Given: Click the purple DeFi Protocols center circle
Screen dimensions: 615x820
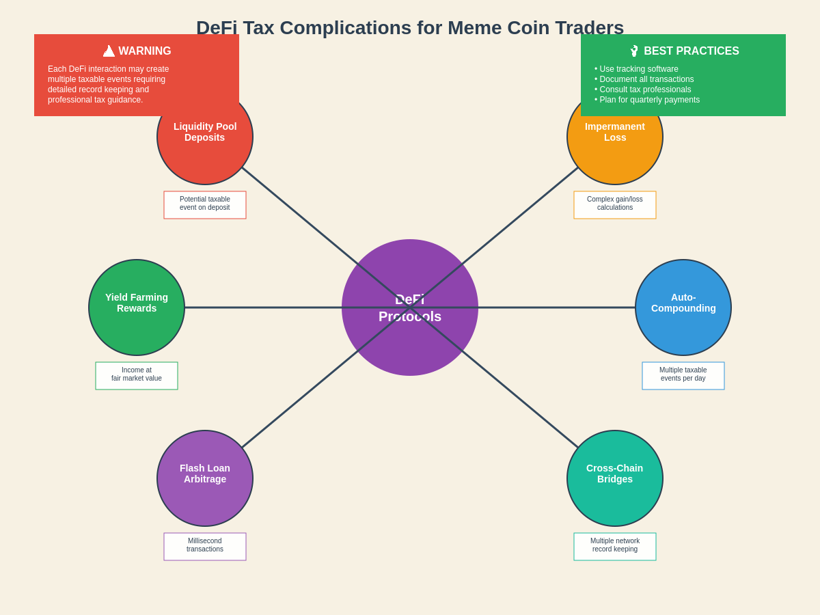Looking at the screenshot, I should tap(410, 342).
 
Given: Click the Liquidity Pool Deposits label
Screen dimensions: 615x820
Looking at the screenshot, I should tap(205, 132).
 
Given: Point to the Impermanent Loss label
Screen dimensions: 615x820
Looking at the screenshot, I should tap(615, 132).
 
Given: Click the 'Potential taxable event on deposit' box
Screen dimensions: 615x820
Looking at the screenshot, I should tap(205, 205).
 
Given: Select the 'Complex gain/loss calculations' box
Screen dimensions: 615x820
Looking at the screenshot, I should tap(615, 205).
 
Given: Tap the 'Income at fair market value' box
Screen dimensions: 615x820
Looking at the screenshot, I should tap(137, 376).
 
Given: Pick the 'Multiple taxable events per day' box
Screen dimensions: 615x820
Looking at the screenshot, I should tap(683, 376).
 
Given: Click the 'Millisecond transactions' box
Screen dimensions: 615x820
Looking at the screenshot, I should tap(205, 547).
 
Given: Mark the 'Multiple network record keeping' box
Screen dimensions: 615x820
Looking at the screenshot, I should tap(615, 547).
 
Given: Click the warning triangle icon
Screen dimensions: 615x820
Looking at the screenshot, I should tap(109, 51).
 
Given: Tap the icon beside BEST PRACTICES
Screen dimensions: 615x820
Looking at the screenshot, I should tap(634, 51).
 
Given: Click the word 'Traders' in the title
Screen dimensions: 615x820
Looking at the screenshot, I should tap(590, 28).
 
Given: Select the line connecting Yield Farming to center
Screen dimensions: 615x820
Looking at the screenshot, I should tap(263, 307).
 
